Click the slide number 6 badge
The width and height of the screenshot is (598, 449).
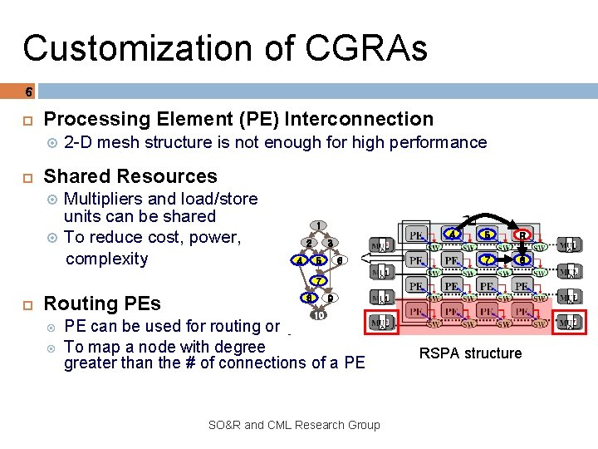coord(28,91)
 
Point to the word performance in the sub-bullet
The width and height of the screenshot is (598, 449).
coord(441,142)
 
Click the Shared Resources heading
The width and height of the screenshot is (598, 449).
coord(130,176)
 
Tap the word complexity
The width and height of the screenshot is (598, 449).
coord(106,259)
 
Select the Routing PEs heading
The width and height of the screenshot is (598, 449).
coord(102,303)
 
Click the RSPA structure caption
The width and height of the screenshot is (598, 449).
coord(470,353)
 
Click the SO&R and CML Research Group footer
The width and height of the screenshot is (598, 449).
coord(294,425)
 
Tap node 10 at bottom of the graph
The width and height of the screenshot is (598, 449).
coord(319,315)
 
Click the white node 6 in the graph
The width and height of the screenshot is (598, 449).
coord(338,260)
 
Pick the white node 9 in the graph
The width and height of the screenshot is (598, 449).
coord(330,298)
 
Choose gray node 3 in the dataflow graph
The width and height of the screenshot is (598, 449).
coord(330,243)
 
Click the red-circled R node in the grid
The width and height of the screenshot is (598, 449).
coord(522,235)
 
